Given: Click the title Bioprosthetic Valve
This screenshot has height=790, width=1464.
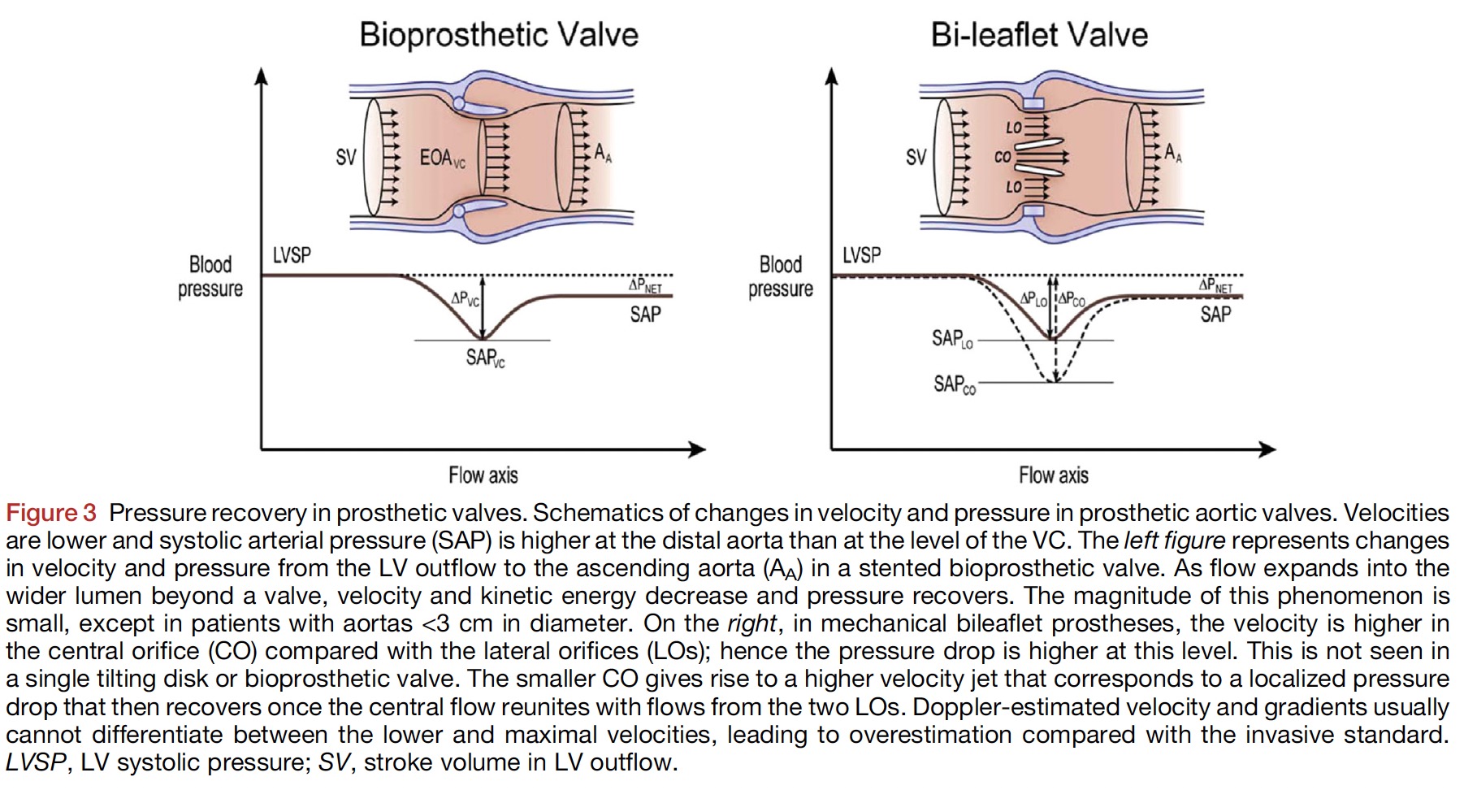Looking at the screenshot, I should coord(499,35).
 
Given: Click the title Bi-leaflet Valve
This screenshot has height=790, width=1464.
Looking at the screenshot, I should coord(1039,35).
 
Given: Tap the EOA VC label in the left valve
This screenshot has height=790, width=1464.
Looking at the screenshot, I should coord(442,158).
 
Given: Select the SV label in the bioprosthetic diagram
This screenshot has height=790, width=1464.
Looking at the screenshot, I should coord(346,157).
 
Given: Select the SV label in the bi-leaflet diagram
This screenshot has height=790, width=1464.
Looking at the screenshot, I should coord(916,157).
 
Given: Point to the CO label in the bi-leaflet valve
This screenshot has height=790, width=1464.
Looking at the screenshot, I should coord(1003,157).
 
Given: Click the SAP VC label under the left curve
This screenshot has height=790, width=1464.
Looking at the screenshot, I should coord(485,358).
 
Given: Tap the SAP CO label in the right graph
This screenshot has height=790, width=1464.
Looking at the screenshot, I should coord(954,384).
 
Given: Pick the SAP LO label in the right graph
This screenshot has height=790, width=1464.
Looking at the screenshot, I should coord(952,338).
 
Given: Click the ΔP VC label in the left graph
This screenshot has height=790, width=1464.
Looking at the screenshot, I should coord(465,299).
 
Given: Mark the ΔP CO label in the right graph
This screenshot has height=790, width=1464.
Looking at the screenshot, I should coord(1072,299).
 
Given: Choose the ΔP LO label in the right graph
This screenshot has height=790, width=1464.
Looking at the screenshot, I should coord(1034,299).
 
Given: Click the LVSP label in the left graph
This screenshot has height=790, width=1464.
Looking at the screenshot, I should coord(292,255).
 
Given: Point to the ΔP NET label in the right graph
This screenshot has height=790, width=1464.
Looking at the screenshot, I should coord(1215,284).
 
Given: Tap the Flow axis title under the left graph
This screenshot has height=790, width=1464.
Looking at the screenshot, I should coord(483,475).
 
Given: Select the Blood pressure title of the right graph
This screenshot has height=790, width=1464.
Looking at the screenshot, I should coord(780,276).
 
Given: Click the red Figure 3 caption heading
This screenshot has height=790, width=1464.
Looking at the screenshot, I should coord(51,513).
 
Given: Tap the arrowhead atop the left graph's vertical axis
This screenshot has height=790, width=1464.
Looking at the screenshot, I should coord(261,76).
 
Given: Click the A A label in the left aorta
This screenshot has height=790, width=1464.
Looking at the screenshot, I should coord(602,153).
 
